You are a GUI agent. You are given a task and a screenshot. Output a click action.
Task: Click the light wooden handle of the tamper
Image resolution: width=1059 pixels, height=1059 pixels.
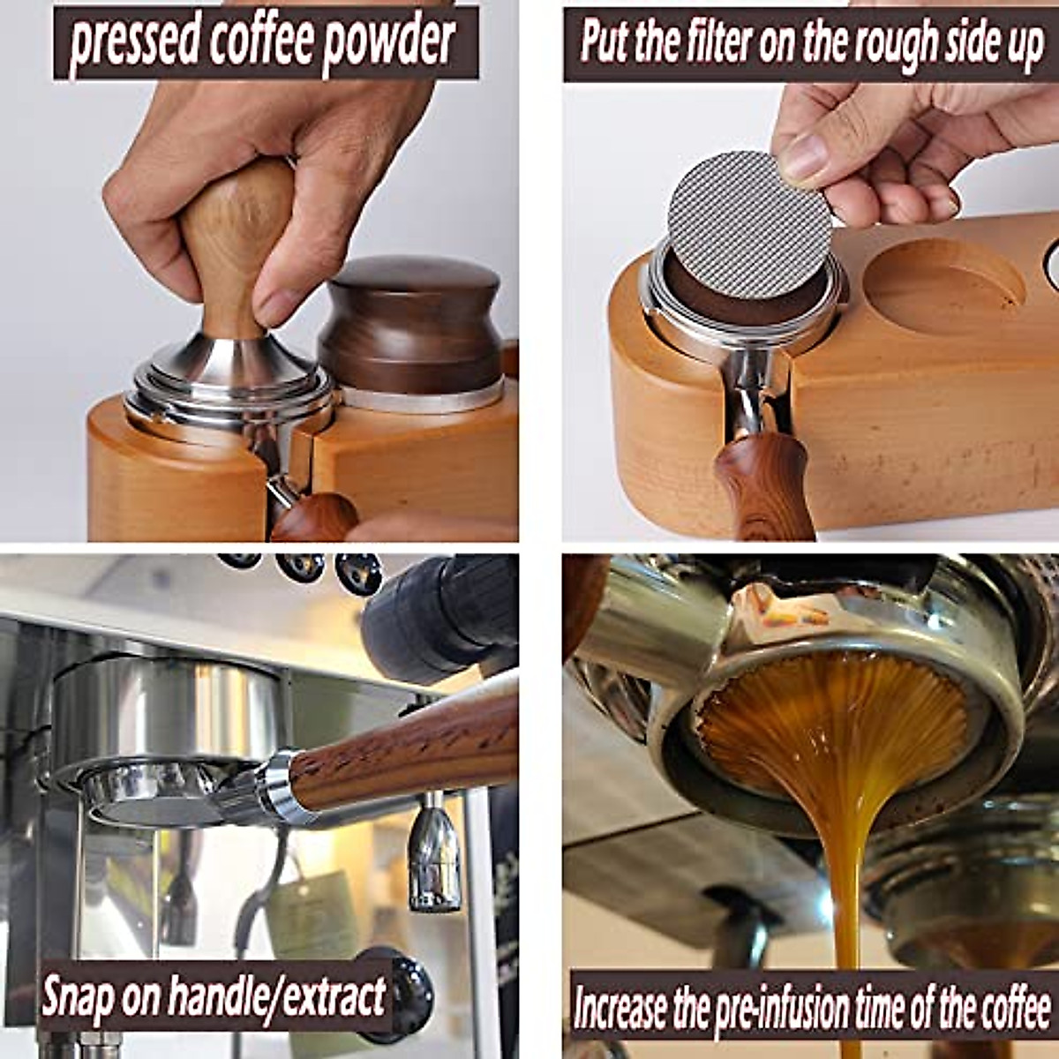click(x=234, y=238)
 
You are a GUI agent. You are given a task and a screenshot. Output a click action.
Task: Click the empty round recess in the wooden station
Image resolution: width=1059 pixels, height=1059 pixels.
click(x=949, y=281)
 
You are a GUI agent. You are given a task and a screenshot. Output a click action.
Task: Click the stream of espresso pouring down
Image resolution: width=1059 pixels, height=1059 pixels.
click(x=848, y=882)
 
